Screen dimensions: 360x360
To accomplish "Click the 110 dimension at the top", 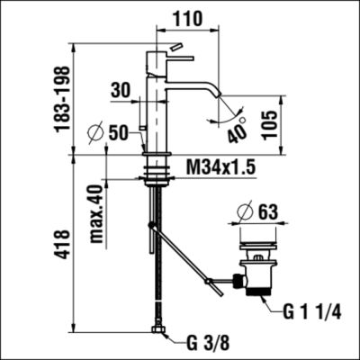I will coord(187,16).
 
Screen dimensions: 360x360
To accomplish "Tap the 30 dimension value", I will coord(122,91).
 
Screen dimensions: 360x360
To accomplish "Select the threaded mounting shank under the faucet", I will coord(157,169).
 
